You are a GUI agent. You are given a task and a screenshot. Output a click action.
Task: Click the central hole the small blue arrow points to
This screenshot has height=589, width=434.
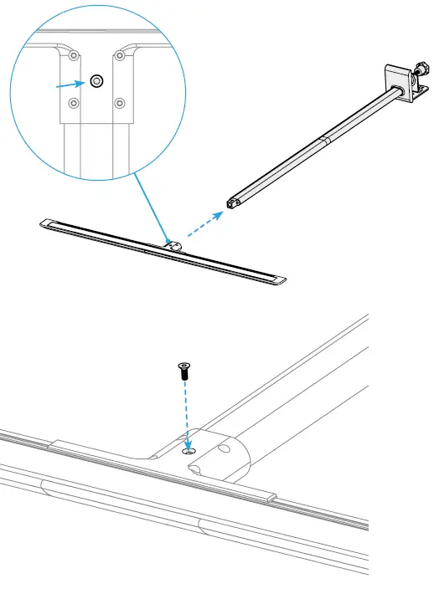tap(96, 81)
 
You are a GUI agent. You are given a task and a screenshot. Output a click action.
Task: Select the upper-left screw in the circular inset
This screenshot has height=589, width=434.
tap(75, 56)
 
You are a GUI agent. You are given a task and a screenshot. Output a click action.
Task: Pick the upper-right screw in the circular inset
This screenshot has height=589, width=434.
tap(120, 56)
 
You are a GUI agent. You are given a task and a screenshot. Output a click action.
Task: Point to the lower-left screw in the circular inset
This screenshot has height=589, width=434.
tap(75, 104)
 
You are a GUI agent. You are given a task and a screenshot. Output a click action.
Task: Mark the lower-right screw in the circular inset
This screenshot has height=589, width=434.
tap(120, 104)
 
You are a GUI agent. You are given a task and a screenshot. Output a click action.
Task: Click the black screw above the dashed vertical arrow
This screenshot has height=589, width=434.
tap(183, 371)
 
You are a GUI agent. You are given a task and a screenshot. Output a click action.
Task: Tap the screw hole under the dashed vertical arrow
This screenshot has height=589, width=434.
tap(189, 451)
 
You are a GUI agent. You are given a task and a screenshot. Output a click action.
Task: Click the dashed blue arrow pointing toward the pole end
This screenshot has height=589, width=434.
tap(205, 223)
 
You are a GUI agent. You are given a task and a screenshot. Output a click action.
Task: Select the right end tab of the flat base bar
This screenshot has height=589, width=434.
tap(280, 279)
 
